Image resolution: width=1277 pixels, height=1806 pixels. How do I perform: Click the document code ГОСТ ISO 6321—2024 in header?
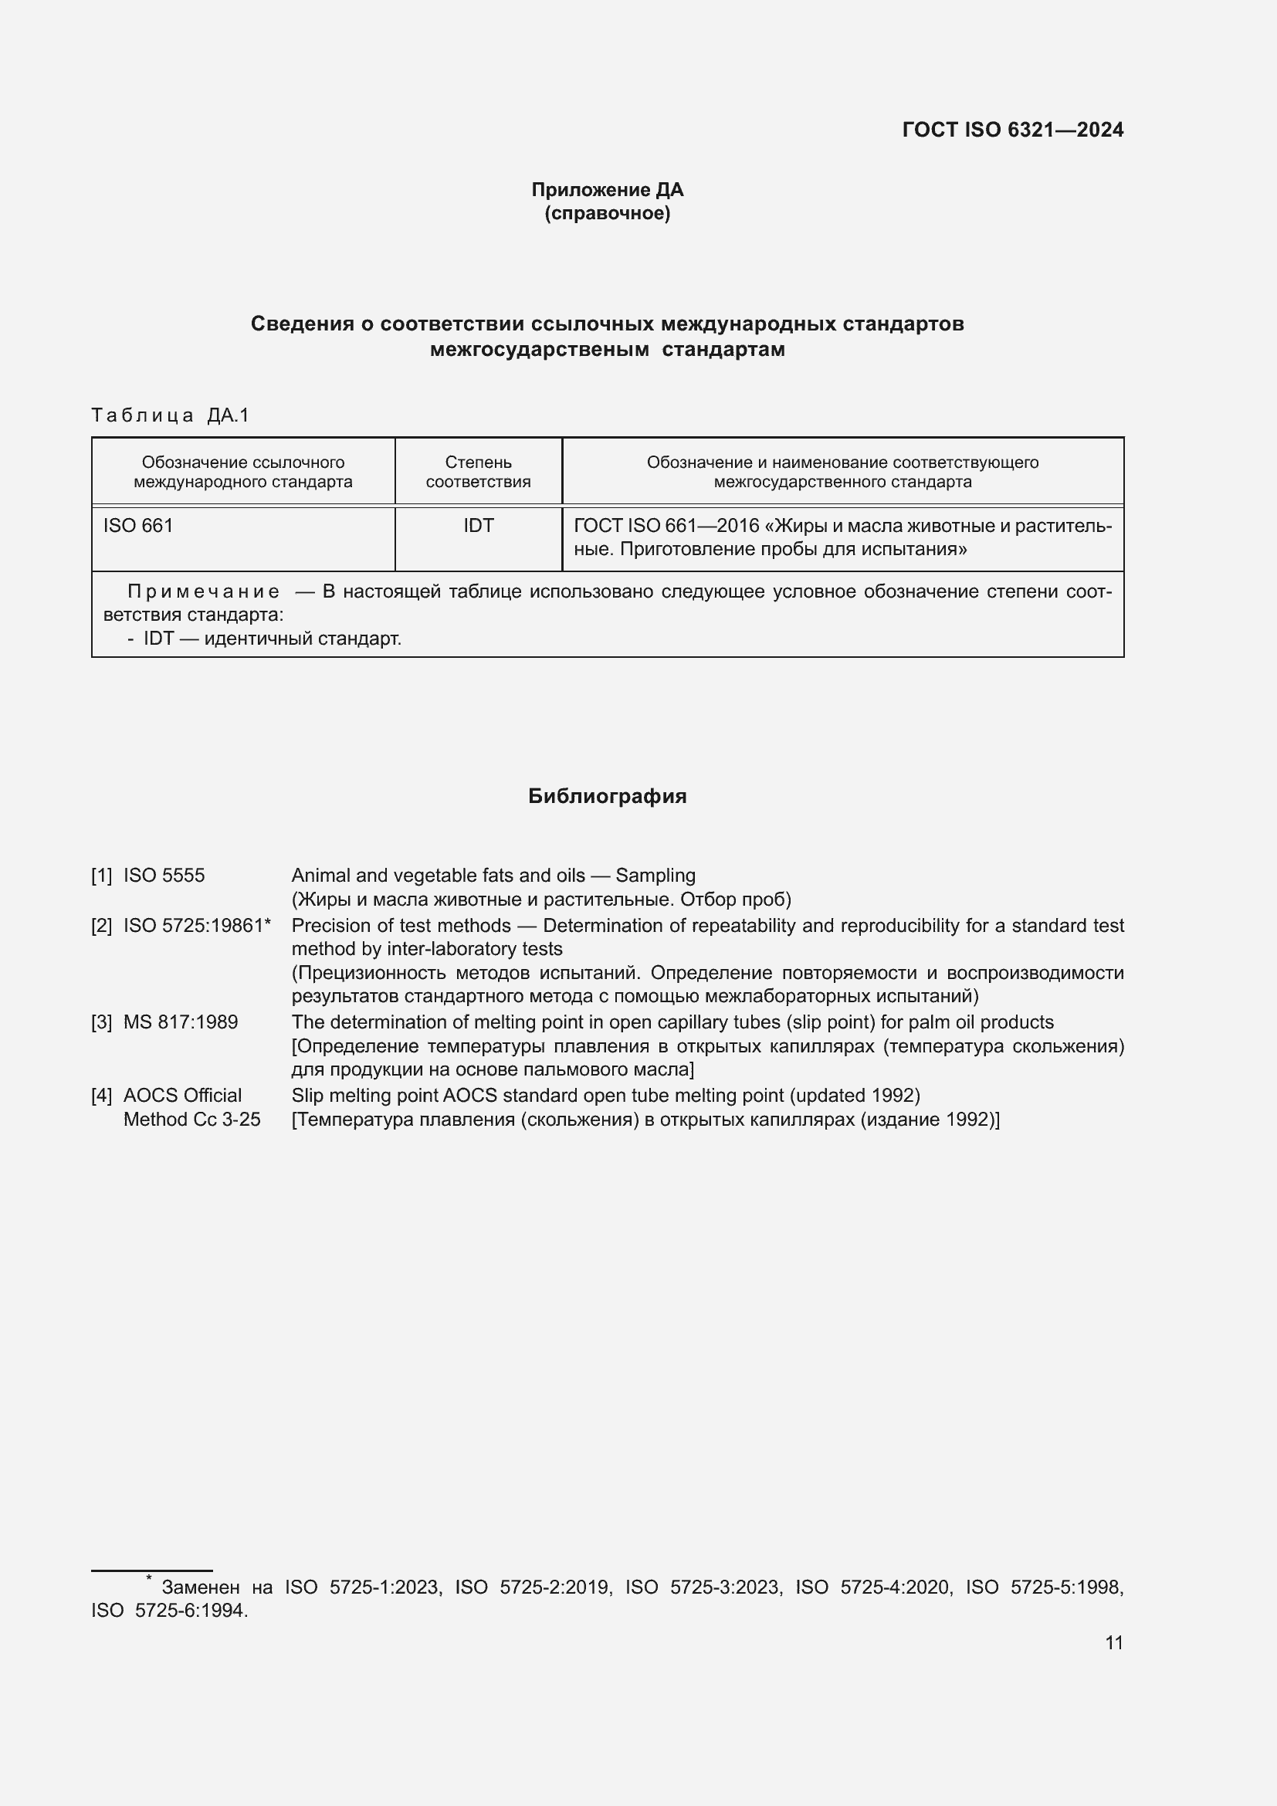(1012, 130)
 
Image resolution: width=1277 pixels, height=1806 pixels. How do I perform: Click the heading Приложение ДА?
(607, 190)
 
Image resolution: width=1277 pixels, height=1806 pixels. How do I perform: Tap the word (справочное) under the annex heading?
(607, 213)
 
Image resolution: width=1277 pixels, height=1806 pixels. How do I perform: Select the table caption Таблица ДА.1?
(170, 415)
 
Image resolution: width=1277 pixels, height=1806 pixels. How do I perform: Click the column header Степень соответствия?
(478, 472)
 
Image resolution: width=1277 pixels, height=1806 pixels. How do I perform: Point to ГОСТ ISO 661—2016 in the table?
(666, 526)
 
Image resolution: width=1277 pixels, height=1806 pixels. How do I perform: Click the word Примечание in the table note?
(203, 591)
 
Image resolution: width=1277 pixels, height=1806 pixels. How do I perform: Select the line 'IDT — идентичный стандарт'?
(271, 639)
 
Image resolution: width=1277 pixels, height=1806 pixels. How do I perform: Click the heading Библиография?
(607, 796)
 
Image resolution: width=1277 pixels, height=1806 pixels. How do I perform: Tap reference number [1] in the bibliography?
(101, 876)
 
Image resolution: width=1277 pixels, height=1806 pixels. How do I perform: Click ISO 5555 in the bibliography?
(164, 876)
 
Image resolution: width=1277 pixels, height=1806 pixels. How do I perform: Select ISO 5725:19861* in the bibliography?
(197, 926)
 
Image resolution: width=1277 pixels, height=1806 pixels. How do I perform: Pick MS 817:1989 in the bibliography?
(180, 1022)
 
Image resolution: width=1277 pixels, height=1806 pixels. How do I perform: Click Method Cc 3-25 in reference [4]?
(192, 1120)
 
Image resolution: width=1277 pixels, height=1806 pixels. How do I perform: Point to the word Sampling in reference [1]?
(655, 876)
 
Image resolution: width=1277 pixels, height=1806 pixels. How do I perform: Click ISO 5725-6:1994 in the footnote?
(169, 1611)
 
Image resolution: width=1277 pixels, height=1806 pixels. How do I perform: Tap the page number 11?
(1113, 1642)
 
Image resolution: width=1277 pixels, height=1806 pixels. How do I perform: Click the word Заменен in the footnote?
(200, 1587)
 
